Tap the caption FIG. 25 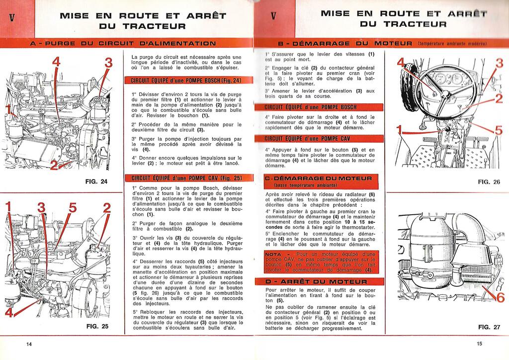[97, 327]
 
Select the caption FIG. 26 [489, 182]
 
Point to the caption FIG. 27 [489, 327]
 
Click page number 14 [29, 344]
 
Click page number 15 [479, 344]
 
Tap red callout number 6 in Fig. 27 [500, 298]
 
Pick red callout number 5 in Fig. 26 [499, 132]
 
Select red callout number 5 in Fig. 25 [73, 208]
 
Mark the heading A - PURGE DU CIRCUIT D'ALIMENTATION [123, 44]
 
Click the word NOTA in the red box [274, 254]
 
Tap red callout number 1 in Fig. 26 [399, 131]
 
